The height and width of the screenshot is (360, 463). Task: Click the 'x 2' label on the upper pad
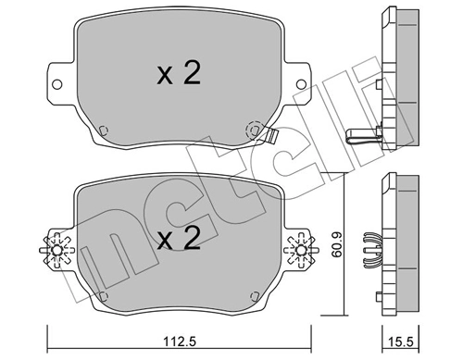(178, 76)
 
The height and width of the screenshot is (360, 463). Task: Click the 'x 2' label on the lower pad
(178, 242)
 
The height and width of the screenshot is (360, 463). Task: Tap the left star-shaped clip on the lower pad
(55, 248)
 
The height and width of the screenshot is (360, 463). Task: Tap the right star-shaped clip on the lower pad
(301, 248)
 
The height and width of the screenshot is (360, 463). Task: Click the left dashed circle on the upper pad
(105, 129)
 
